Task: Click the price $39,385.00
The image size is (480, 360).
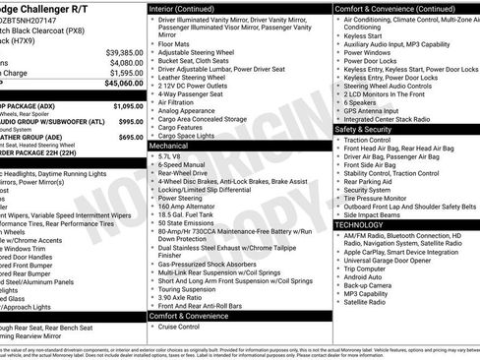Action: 124,51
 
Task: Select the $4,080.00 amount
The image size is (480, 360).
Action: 126,62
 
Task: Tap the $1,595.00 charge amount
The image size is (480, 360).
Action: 126,73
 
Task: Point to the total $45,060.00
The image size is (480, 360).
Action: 124,84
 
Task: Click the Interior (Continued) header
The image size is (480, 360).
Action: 188,8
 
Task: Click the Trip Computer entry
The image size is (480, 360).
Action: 366,269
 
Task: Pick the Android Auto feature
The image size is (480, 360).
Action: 364,277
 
